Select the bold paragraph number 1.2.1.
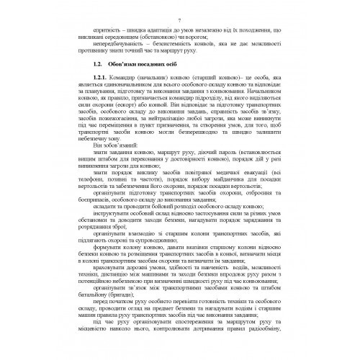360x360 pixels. pyautogui.click(x=95, y=79)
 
